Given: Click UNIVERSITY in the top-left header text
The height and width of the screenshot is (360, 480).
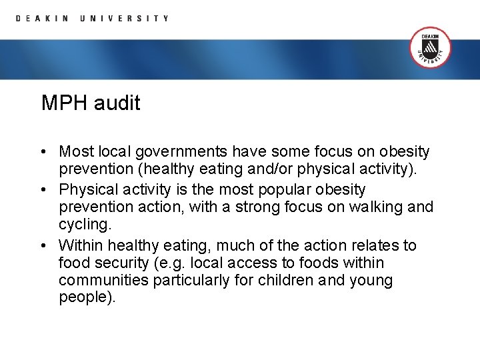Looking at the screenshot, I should point(124,19).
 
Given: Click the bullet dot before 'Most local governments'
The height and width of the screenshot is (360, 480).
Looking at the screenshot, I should point(43,152).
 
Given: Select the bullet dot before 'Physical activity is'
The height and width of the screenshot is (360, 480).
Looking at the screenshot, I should point(43,189).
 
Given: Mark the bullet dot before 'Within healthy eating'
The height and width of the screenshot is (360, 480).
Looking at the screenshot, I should point(43,245).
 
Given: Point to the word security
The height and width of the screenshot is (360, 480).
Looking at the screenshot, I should point(122,263).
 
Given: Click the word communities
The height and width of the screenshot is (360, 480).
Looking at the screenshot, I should point(103,281).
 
